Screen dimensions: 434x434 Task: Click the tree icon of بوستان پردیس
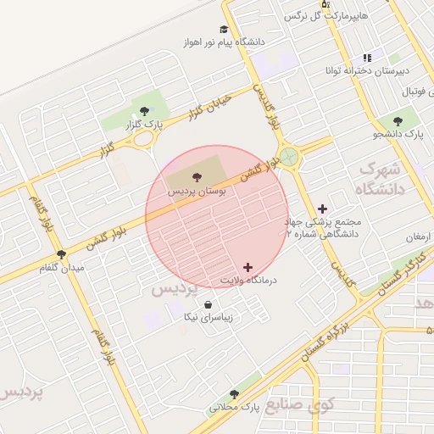click(x=198, y=176)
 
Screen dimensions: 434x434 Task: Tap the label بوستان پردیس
click(x=198, y=192)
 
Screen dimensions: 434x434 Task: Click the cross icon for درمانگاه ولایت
click(x=248, y=267)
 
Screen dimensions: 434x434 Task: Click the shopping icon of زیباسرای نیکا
click(x=209, y=304)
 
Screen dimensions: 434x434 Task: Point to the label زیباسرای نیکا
click(x=209, y=318)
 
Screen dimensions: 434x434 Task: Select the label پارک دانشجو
click(x=398, y=134)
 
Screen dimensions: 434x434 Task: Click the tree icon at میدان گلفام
click(x=61, y=253)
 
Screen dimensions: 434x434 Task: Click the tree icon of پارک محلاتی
click(x=234, y=394)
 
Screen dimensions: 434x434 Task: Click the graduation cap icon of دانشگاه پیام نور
click(x=224, y=29)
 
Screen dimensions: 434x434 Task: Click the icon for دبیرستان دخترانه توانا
click(x=367, y=58)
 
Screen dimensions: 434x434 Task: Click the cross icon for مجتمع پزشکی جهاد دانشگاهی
click(x=322, y=209)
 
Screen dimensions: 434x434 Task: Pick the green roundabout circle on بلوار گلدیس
click(x=290, y=157)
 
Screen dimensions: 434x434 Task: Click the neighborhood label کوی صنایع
click(x=301, y=404)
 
